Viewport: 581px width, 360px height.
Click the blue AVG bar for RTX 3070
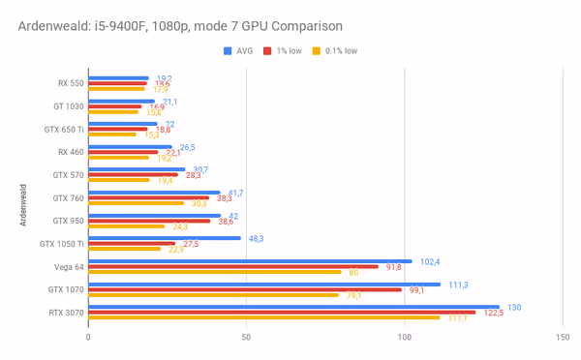pyautogui.click(x=300, y=307)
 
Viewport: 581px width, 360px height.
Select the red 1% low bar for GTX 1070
pyautogui.click(x=245, y=289)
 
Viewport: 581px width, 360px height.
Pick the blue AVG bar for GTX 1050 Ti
pyautogui.click(x=165, y=238)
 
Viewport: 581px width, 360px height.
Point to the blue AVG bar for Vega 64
pyautogui.click(x=250, y=261)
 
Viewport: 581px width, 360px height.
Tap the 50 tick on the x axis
pyautogui.click(x=246, y=337)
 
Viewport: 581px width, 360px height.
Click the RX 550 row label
pyautogui.click(x=70, y=82)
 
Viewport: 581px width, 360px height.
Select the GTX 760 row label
pyautogui.click(x=68, y=197)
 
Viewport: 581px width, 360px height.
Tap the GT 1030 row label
pyautogui.click(x=68, y=105)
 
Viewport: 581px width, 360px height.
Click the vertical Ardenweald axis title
pyautogui.click(x=22, y=199)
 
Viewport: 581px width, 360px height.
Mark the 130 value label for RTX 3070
pyautogui.click(x=515, y=307)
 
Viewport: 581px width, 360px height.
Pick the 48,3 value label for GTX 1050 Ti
pyautogui.click(x=258, y=238)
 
